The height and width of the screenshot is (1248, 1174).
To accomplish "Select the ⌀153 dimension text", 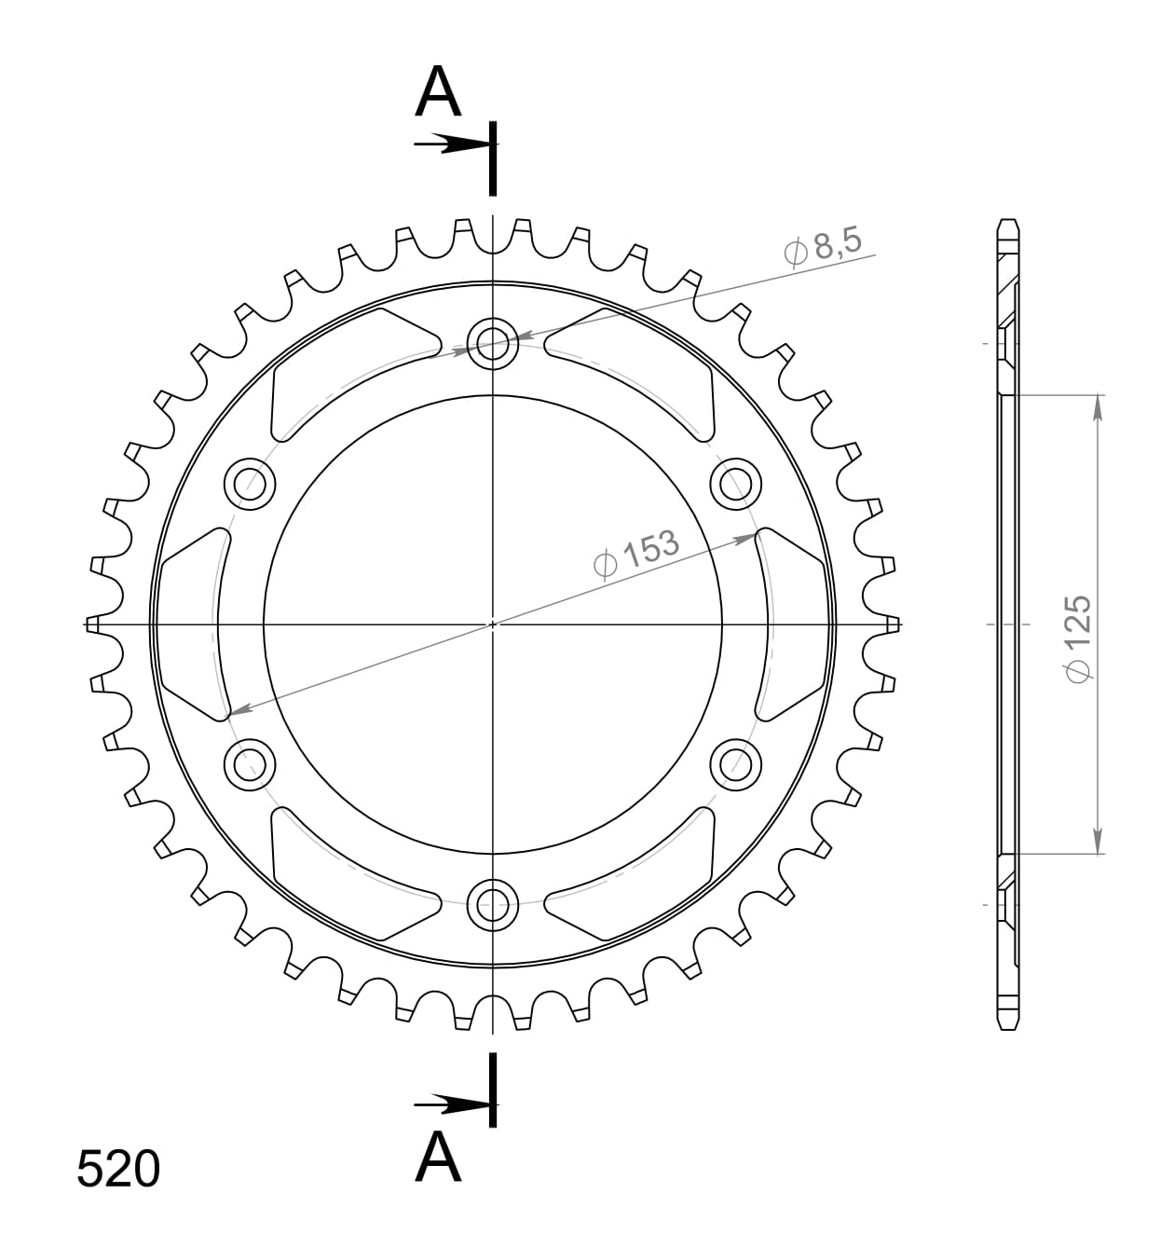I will tap(637, 555).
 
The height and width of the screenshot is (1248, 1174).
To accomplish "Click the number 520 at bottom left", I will tap(118, 1169).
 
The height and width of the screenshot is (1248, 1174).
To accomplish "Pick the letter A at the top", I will tap(438, 93).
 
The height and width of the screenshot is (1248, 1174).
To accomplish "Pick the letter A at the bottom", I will tap(438, 1159).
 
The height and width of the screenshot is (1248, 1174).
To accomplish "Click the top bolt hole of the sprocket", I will tap(492, 344).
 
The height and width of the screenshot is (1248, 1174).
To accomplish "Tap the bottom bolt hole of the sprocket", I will tap(492, 902).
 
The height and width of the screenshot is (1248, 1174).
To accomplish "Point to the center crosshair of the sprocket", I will tap(492, 624).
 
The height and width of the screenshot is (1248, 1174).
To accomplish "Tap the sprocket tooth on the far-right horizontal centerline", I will tap(894, 624).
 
